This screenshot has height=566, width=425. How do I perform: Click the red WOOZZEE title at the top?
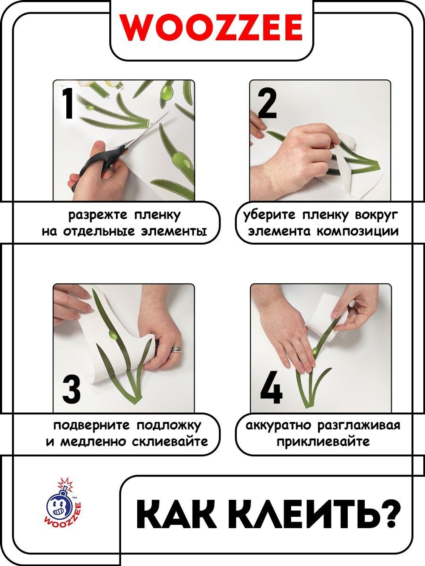point(211,28)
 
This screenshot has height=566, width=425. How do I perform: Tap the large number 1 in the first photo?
point(69,103)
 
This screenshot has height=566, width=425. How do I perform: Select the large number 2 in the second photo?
point(267,104)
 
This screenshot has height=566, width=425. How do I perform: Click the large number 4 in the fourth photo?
point(271,388)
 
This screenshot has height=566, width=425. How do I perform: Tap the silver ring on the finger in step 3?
point(177,349)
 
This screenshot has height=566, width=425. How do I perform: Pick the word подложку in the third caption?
point(169,425)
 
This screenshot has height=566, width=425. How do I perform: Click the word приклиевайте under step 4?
point(323,442)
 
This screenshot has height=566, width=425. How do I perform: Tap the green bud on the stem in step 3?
point(112,336)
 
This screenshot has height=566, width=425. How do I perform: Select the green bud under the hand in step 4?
point(315,351)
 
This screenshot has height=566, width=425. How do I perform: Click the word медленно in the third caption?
point(93,442)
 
